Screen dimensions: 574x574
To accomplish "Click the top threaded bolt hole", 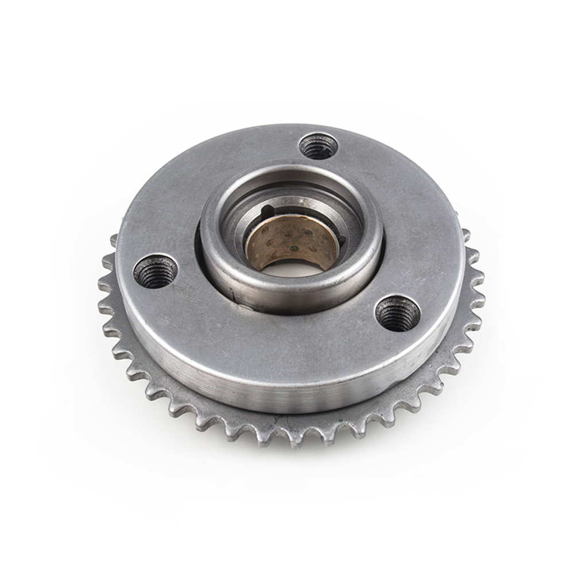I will coord(319,146).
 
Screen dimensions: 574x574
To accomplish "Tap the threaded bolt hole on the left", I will coord(156,270).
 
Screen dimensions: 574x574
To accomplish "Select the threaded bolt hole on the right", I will coord(397,313).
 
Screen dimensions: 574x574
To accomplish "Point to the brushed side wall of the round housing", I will coord(287,390).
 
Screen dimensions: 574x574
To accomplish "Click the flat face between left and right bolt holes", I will coord(276,333).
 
